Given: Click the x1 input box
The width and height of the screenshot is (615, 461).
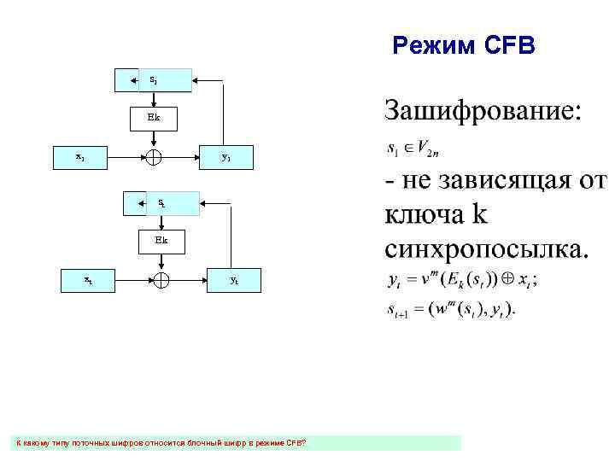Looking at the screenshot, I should [x=79, y=157].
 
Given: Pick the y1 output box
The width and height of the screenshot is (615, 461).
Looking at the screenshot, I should [x=225, y=157].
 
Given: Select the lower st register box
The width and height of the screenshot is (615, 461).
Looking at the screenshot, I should [x=161, y=203].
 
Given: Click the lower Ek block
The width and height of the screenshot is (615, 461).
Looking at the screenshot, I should [x=161, y=240].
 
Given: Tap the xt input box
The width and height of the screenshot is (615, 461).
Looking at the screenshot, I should [x=89, y=279].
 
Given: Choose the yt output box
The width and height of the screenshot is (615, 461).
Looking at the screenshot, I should [x=234, y=279].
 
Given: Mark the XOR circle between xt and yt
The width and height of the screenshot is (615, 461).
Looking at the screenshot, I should [x=162, y=279].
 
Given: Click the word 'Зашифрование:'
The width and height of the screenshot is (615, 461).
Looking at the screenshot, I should [x=484, y=110].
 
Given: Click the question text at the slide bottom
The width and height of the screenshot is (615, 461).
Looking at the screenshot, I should [x=162, y=442].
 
